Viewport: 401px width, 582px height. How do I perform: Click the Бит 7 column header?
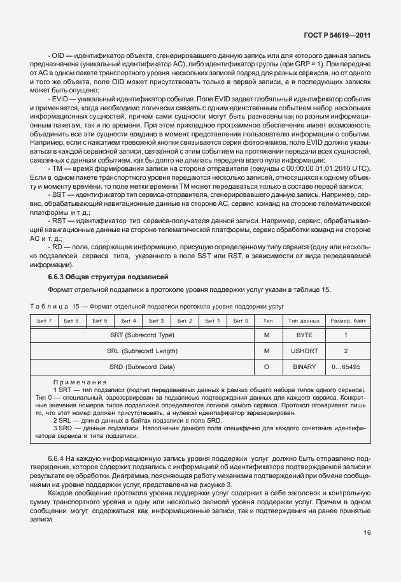45,320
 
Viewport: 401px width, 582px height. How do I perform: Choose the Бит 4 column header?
129,320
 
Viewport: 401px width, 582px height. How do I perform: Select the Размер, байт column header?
347,320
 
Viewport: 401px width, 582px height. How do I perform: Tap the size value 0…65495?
346,367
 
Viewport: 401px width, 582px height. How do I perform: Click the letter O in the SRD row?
268,367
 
